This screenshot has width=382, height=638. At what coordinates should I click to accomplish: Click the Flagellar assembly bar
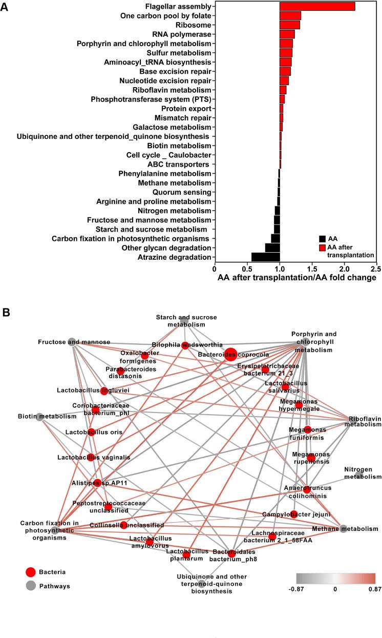317,6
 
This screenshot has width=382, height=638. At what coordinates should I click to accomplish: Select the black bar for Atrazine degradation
265,257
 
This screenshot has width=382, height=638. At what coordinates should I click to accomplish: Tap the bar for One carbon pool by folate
290,15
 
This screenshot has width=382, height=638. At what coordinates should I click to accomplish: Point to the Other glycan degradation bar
272,248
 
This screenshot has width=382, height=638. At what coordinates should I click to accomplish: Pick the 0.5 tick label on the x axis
247,269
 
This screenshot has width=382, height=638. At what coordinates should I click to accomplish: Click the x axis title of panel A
297,278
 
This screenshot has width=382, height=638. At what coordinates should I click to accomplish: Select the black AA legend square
322,238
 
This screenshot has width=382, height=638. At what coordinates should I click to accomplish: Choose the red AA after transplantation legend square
322,248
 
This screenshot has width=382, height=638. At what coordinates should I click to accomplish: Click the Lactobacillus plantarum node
186,555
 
